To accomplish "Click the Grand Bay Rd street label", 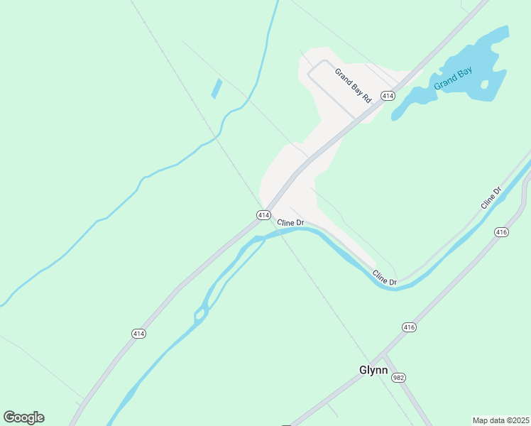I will [353, 86].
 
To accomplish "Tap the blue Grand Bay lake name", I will [453, 77].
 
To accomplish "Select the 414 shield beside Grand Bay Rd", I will [387, 95].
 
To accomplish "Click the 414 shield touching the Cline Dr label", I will [263, 214].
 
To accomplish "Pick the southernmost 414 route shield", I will [139, 333].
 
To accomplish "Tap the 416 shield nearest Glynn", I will [408, 327].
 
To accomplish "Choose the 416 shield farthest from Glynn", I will [501, 232].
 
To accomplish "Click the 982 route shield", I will [398, 378].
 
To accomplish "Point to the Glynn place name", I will [373, 370].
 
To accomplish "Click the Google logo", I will [23, 417].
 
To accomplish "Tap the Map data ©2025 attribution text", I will [500, 420].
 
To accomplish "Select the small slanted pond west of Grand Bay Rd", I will [217, 89].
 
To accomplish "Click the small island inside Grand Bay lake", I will [485, 84].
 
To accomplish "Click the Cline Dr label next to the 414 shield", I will [290, 222].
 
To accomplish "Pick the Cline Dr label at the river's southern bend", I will [385, 278].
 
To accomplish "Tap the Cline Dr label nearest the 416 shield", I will [491, 197].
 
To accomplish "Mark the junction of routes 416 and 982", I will [383, 355].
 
